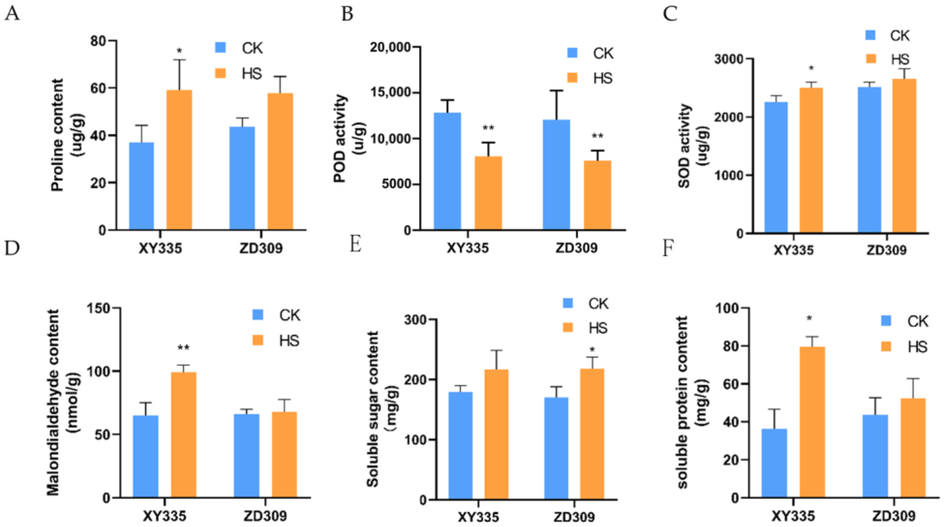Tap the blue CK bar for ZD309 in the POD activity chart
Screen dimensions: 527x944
point(556,174)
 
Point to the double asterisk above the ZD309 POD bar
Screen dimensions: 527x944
point(597,136)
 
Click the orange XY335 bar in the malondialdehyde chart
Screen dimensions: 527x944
point(184,435)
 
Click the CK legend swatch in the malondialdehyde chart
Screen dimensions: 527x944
point(258,315)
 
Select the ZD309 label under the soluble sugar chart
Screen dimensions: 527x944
point(574,517)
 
